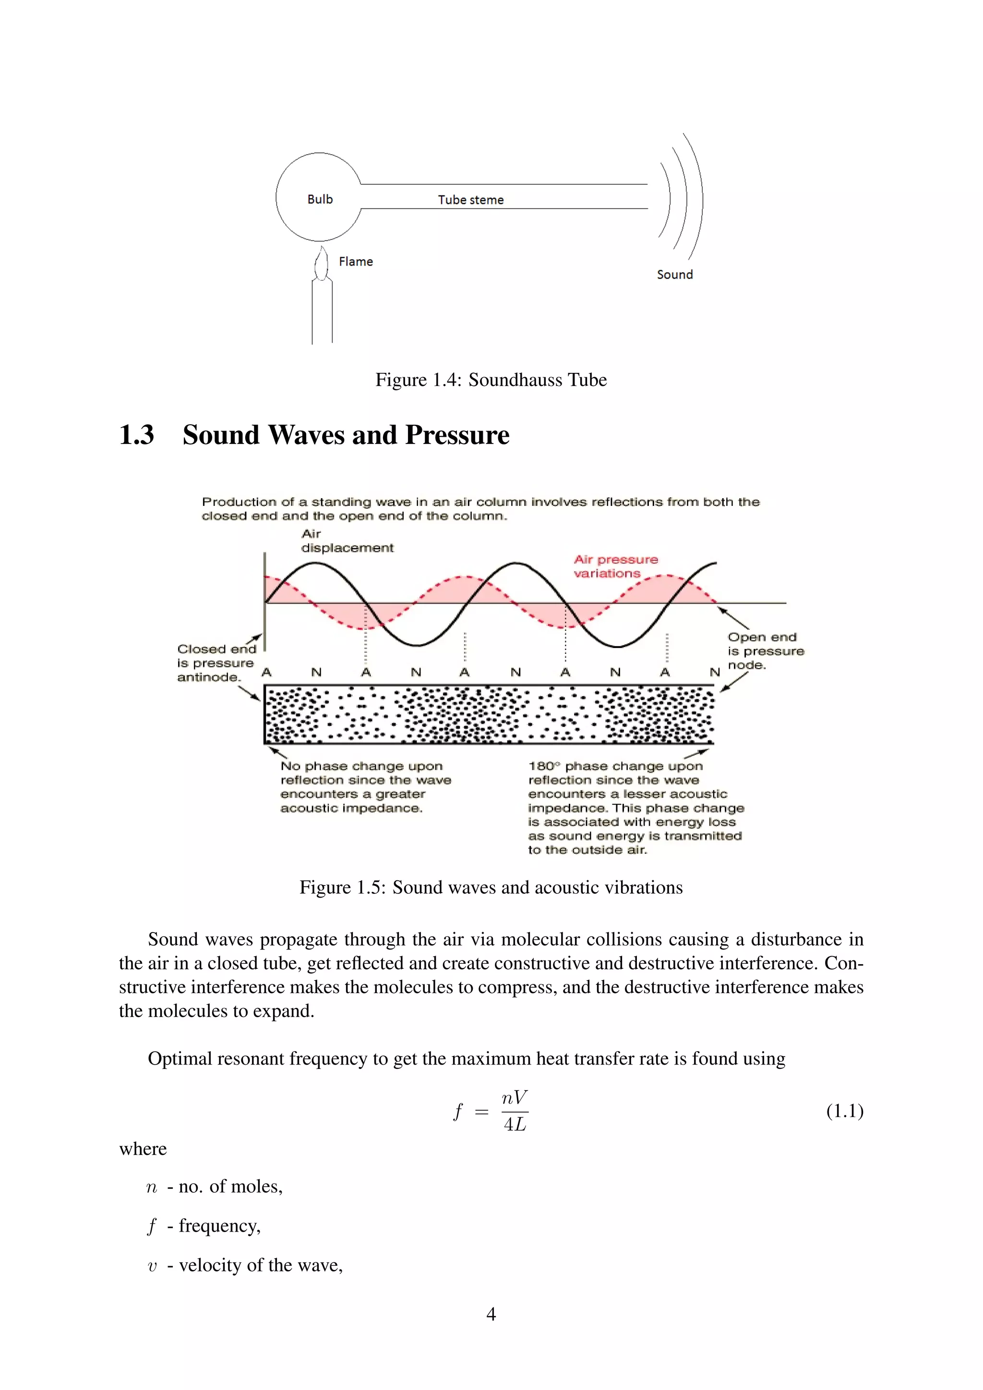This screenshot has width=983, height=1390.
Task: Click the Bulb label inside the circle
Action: point(320,199)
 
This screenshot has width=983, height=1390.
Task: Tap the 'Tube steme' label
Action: point(470,200)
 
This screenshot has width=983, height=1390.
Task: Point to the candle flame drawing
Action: point(322,264)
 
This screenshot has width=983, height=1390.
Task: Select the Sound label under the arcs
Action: point(674,274)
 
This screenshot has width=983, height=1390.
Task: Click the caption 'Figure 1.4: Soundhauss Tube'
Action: point(491,380)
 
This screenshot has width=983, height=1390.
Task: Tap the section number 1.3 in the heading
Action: point(136,435)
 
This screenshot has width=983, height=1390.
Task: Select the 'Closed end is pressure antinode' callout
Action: point(216,663)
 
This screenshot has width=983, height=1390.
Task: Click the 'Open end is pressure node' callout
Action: point(765,651)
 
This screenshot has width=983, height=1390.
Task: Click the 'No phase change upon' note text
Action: point(361,767)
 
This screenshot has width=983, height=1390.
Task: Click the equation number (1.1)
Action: point(844,1111)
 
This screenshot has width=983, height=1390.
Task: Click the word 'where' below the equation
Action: point(143,1149)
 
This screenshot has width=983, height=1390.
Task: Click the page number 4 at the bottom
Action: point(491,1314)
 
